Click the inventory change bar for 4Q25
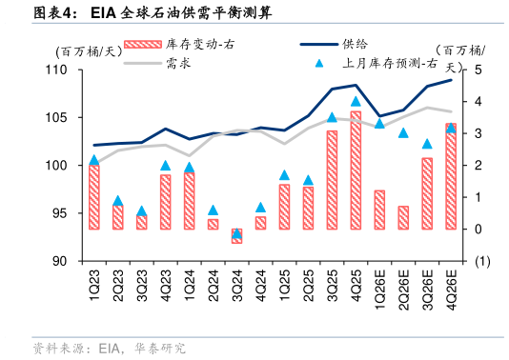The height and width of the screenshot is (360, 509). tap(356, 170)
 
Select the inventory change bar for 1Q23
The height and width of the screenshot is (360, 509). tap(93, 197)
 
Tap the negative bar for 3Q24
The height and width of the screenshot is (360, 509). tap(236, 236)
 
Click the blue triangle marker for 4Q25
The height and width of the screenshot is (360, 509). tap(356, 101)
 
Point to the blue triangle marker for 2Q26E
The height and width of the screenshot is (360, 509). tap(403, 132)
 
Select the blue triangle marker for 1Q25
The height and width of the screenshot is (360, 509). tap(284, 175)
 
